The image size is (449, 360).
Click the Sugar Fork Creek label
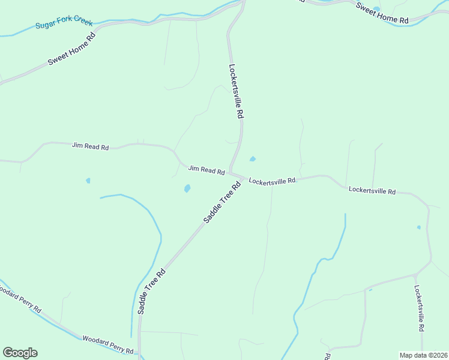(64, 24)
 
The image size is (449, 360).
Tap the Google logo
(20, 353)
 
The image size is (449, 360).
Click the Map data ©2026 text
(423, 355)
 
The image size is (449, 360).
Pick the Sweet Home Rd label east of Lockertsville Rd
(382, 13)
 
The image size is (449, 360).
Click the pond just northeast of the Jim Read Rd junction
(253, 159)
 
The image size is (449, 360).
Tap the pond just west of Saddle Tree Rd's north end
(187, 188)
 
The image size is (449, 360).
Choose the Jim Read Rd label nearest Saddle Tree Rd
(206, 170)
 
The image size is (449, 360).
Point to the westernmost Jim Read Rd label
(90, 146)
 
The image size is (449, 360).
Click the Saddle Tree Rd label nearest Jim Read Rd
(221, 203)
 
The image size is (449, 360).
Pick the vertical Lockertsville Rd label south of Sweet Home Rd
(236, 91)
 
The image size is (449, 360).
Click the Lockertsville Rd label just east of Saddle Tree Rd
(273, 181)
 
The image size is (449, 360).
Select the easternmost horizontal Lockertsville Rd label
(372, 191)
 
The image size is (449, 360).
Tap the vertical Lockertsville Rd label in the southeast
(420, 308)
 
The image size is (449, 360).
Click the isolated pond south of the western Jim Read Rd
(88, 180)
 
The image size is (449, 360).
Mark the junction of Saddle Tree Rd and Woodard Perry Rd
(140, 352)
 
